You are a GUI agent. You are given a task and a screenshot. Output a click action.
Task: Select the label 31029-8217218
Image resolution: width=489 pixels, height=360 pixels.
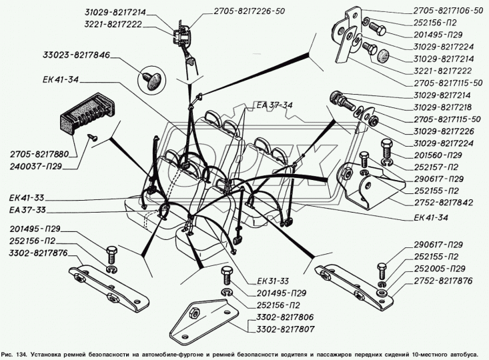click(442, 107)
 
